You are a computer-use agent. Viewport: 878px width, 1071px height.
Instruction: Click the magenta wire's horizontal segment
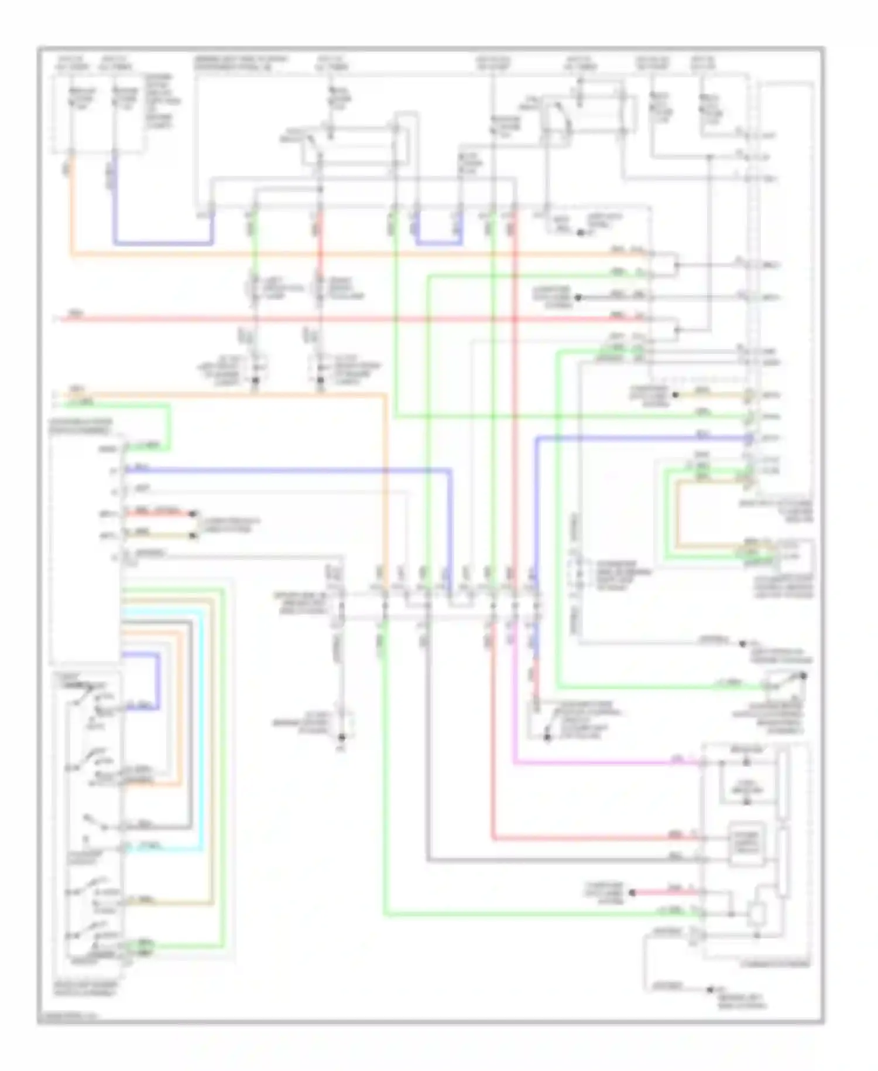click(603, 763)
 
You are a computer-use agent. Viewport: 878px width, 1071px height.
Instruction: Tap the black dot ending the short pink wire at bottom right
click(632, 893)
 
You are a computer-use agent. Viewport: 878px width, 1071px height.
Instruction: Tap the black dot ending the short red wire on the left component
click(193, 514)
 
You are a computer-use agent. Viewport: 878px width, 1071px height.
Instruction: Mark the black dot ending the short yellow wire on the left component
click(193, 535)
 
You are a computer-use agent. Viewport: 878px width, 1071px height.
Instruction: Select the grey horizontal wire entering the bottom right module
click(562, 860)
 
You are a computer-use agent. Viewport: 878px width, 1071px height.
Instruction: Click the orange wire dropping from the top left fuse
click(71, 205)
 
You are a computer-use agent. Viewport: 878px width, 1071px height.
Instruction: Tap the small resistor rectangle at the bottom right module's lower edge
click(756, 914)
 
